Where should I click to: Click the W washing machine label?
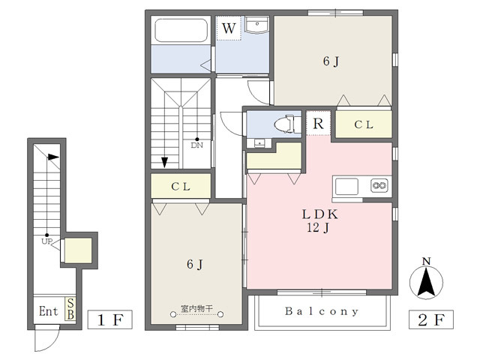[229, 28]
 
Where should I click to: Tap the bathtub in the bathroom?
[181, 30]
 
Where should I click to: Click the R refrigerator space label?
[318, 123]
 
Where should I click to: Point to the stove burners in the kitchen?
[379, 185]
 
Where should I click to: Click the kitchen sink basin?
[346, 187]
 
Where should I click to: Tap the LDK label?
[320, 214]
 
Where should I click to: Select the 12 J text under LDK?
[318, 227]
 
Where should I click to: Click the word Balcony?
[322, 311]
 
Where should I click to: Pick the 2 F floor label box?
[431, 319]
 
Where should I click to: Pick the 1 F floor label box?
[110, 319]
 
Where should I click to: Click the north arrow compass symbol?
[426, 279]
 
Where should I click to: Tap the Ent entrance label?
[48, 311]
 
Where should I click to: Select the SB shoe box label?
[70, 309]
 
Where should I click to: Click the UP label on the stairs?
[46, 241]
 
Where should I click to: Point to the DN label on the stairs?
[196, 145]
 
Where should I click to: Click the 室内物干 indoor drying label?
[196, 308]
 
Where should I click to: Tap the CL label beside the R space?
[364, 124]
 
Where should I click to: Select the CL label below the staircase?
[181, 187]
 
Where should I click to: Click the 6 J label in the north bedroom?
[331, 61]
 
